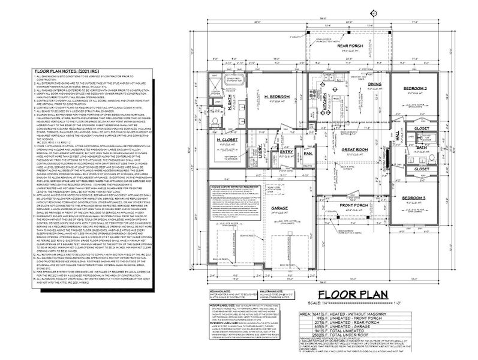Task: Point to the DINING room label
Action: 375,84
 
